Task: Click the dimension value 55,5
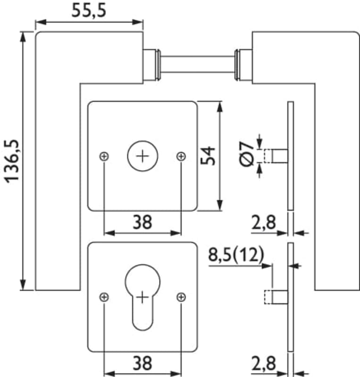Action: [x=89, y=10]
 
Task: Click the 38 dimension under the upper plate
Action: [x=142, y=222]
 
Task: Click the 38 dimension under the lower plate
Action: [x=142, y=363]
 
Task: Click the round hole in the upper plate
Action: [x=143, y=156]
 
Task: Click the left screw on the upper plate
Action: [x=104, y=156]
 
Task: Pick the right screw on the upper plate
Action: [x=181, y=156]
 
